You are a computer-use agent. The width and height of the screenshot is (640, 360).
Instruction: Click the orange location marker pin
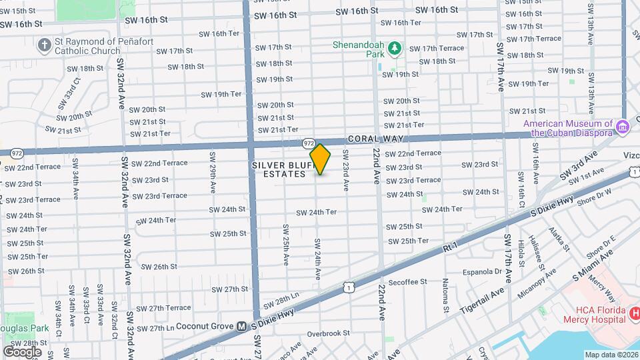(x=320, y=159)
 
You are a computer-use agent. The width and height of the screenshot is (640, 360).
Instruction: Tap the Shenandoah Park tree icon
(x=395, y=47)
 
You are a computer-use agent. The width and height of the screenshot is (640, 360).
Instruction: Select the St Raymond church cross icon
(x=45, y=45)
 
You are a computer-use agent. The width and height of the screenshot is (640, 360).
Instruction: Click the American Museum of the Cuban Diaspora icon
(x=623, y=127)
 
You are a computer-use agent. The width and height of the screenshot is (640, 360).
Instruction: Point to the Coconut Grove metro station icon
(x=243, y=326)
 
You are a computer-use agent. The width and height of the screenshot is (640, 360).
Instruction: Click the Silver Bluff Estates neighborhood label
(x=279, y=169)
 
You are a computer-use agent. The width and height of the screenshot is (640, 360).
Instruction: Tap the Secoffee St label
(x=407, y=282)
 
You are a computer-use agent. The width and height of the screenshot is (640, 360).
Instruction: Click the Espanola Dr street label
(x=479, y=271)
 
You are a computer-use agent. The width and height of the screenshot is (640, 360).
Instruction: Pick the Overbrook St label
(x=329, y=333)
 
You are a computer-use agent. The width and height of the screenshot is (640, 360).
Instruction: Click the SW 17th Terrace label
(x=437, y=49)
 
